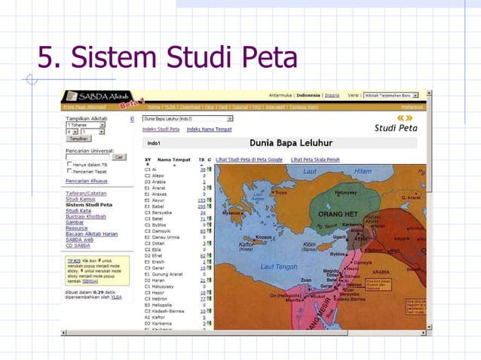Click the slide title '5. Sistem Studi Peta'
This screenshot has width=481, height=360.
[167, 57]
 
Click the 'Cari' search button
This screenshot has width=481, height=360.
[119, 157]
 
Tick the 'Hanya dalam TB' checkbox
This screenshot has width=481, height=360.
[69, 164]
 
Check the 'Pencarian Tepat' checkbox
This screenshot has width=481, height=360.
[69, 171]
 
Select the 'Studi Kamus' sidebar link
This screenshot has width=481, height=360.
[81, 199]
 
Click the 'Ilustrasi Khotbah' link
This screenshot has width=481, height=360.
[86, 216]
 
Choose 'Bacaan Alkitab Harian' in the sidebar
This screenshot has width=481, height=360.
[91, 233]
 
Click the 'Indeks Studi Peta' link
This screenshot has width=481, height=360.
[161, 130]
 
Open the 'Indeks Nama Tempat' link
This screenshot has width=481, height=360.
[209, 130]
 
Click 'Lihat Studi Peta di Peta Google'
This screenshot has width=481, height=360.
[249, 160]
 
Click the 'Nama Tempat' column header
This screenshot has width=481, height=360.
[174, 160]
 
